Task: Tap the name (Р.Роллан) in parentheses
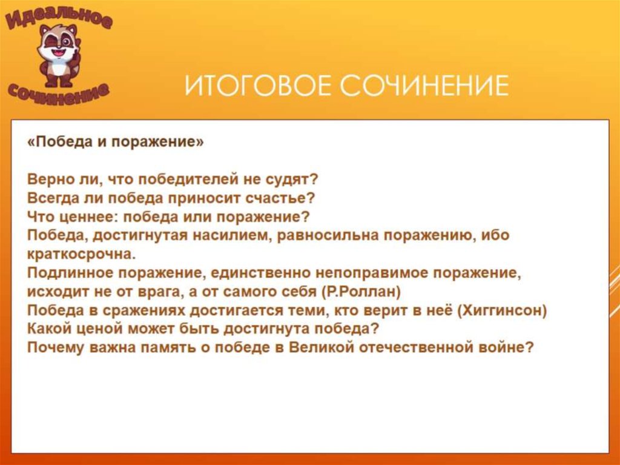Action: click(362, 292)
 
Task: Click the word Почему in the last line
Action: click(51, 348)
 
